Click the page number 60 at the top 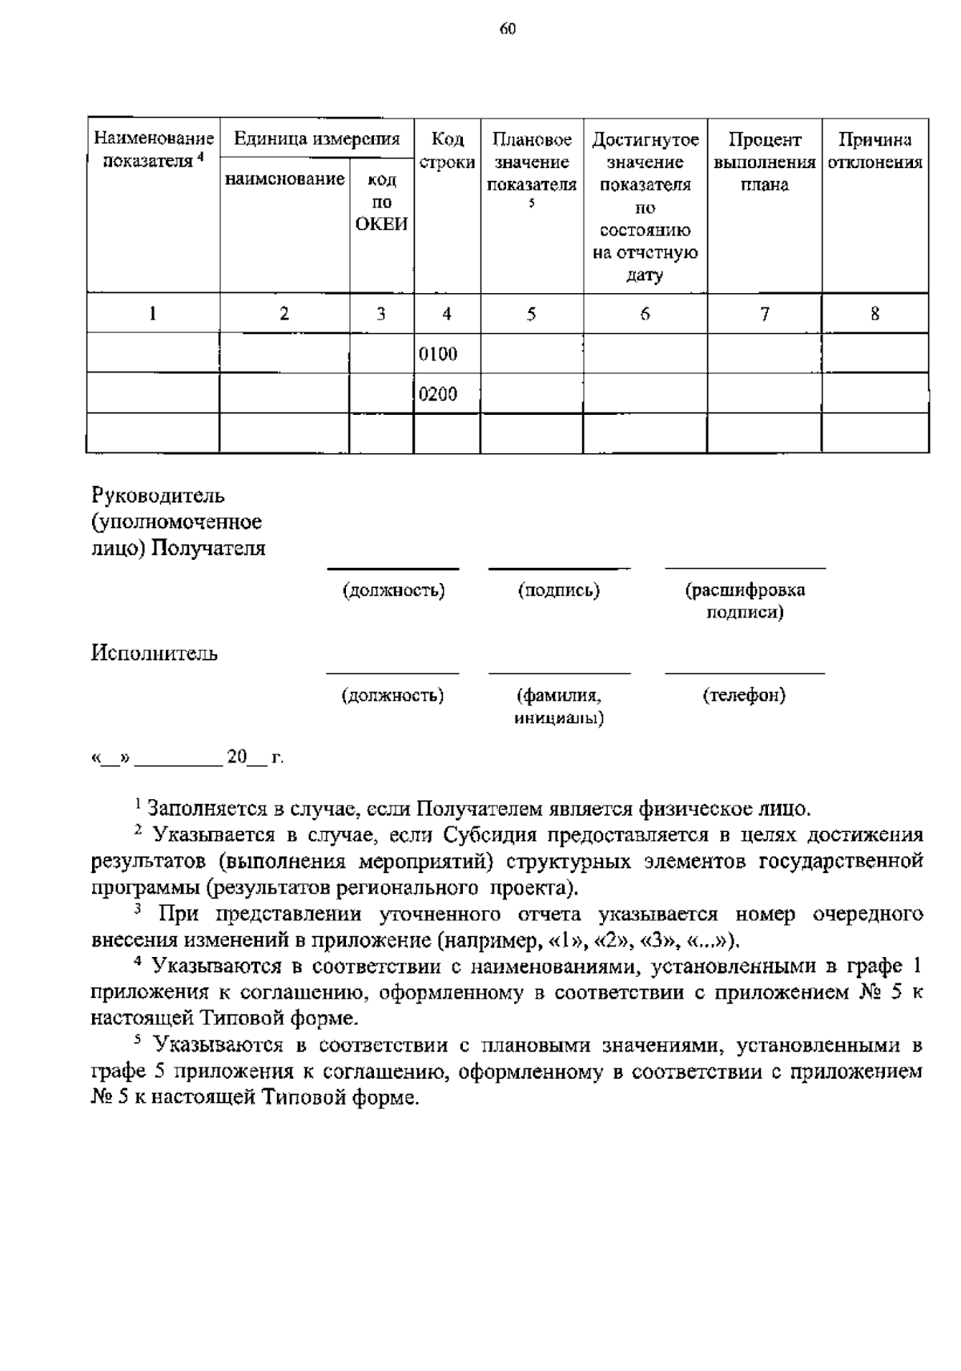point(508,30)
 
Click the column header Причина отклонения point(875,151)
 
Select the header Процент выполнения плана point(764,163)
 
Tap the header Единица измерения point(316,139)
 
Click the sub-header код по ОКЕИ point(381,203)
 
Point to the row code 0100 point(438,354)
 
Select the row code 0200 point(438,394)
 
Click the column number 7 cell point(764,314)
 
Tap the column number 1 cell point(152,314)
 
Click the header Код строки point(447,151)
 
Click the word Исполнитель point(154,653)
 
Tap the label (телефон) point(744,695)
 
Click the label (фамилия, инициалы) point(558,706)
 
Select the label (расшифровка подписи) point(745,601)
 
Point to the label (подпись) point(558,591)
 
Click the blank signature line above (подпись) point(558,569)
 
